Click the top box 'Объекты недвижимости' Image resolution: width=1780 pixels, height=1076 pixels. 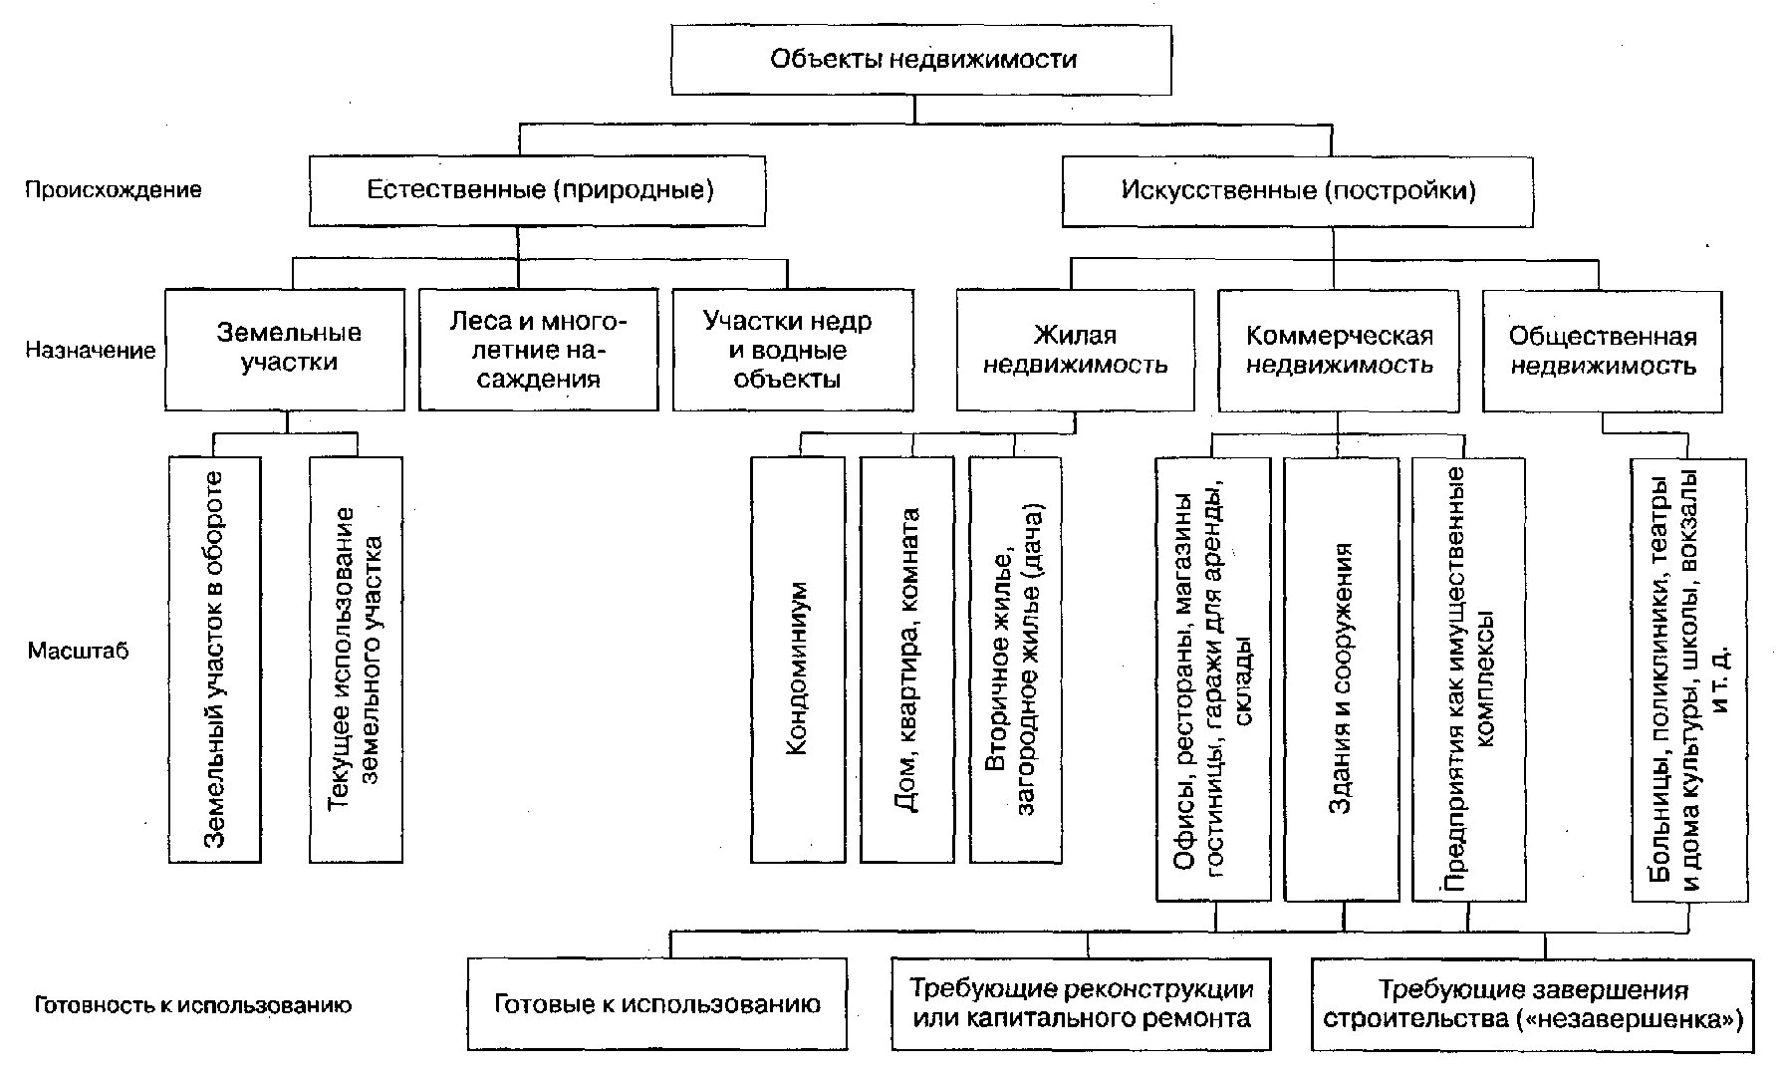point(921,59)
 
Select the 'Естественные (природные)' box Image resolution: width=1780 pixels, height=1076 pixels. point(538,190)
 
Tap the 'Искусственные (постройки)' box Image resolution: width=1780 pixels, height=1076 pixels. point(1298,190)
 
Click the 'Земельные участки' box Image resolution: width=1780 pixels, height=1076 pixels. point(285,349)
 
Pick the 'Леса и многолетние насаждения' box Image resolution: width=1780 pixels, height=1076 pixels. point(539,349)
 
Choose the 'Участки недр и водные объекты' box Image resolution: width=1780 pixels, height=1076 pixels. point(793,349)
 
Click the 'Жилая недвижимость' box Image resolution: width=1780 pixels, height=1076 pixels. point(1076,351)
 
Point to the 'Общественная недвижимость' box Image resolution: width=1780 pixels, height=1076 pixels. point(1603,351)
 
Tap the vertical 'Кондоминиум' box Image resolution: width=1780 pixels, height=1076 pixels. point(798,660)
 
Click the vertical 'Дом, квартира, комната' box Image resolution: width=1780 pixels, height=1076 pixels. point(907,660)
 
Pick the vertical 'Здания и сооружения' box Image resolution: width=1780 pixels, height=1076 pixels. point(1342,679)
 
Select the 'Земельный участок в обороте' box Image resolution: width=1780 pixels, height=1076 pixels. point(215,660)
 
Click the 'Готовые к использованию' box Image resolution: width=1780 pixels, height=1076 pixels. point(657,1004)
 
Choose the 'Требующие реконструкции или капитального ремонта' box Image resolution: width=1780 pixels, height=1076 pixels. point(1082,1004)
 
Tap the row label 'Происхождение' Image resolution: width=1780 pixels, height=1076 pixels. point(114,189)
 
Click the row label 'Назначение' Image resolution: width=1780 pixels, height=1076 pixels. point(91,350)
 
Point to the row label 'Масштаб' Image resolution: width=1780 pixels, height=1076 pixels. point(79,652)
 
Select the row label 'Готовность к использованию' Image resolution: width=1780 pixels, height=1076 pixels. point(193,1005)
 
